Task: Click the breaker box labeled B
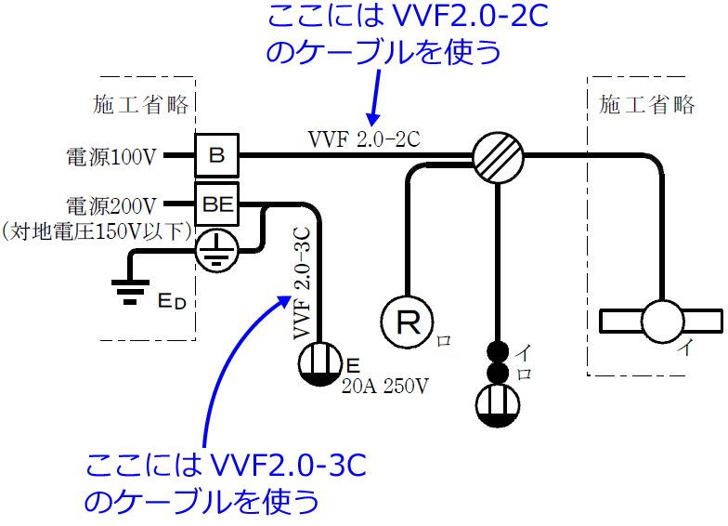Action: (x=216, y=155)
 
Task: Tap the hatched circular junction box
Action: (x=499, y=155)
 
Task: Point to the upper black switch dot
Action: (x=500, y=353)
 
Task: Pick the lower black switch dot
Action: (x=500, y=374)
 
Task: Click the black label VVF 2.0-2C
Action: (x=364, y=139)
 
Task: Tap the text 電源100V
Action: (x=111, y=156)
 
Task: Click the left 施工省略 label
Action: (x=141, y=104)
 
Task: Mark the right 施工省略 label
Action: (x=647, y=104)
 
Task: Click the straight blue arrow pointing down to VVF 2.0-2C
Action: (x=375, y=98)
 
